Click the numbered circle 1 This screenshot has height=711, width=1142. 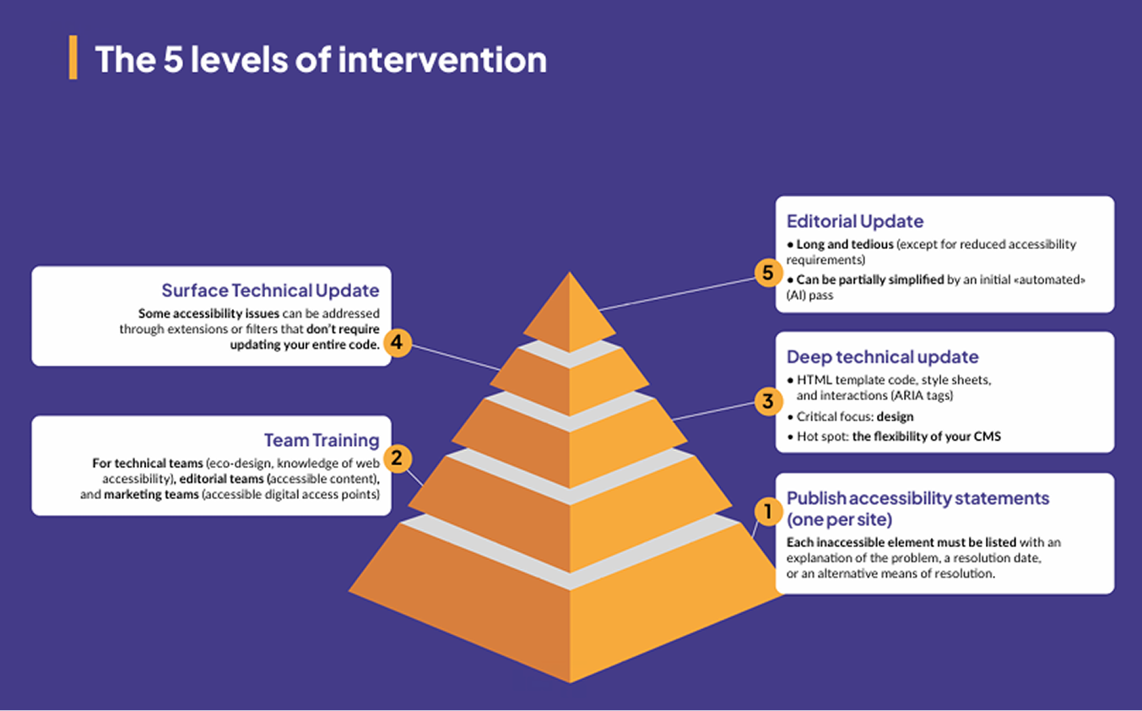point(767,510)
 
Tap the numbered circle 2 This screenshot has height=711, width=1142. point(398,459)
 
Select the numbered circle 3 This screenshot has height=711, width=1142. point(767,400)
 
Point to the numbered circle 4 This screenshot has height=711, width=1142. point(398,343)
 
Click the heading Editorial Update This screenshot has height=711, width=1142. point(855,221)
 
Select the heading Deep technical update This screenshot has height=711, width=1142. point(882,357)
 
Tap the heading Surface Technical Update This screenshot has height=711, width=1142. point(270,290)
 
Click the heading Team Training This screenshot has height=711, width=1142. point(322,440)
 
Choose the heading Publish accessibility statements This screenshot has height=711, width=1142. point(917,498)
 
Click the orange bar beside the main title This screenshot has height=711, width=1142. point(73,57)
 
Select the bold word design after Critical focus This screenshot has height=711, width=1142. point(895,417)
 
